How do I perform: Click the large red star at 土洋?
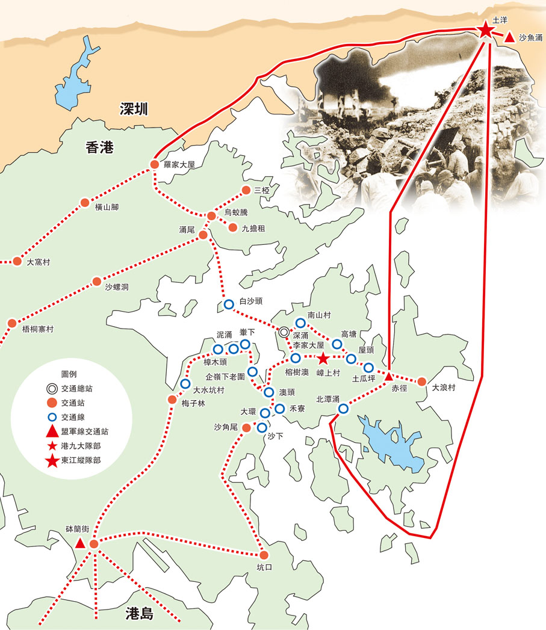click(x=486, y=29)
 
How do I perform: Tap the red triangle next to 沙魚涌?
click(x=509, y=37)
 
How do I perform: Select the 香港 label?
click(x=99, y=147)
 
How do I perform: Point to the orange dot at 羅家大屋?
click(x=154, y=164)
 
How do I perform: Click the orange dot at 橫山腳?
click(x=85, y=202)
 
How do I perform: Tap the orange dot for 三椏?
click(x=246, y=190)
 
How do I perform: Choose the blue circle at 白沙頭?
click(x=229, y=304)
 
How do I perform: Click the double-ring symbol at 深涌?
click(x=284, y=332)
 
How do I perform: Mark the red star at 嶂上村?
click(x=323, y=359)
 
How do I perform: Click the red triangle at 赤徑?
click(x=389, y=375)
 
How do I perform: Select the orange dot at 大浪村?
click(x=422, y=381)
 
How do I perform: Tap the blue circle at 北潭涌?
click(x=343, y=409)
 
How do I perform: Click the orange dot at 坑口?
click(x=263, y=555)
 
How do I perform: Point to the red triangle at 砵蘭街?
click(x=80, y=543)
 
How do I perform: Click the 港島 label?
click(x=140, y=614)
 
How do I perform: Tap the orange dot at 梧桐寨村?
click(x=12, y=323)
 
